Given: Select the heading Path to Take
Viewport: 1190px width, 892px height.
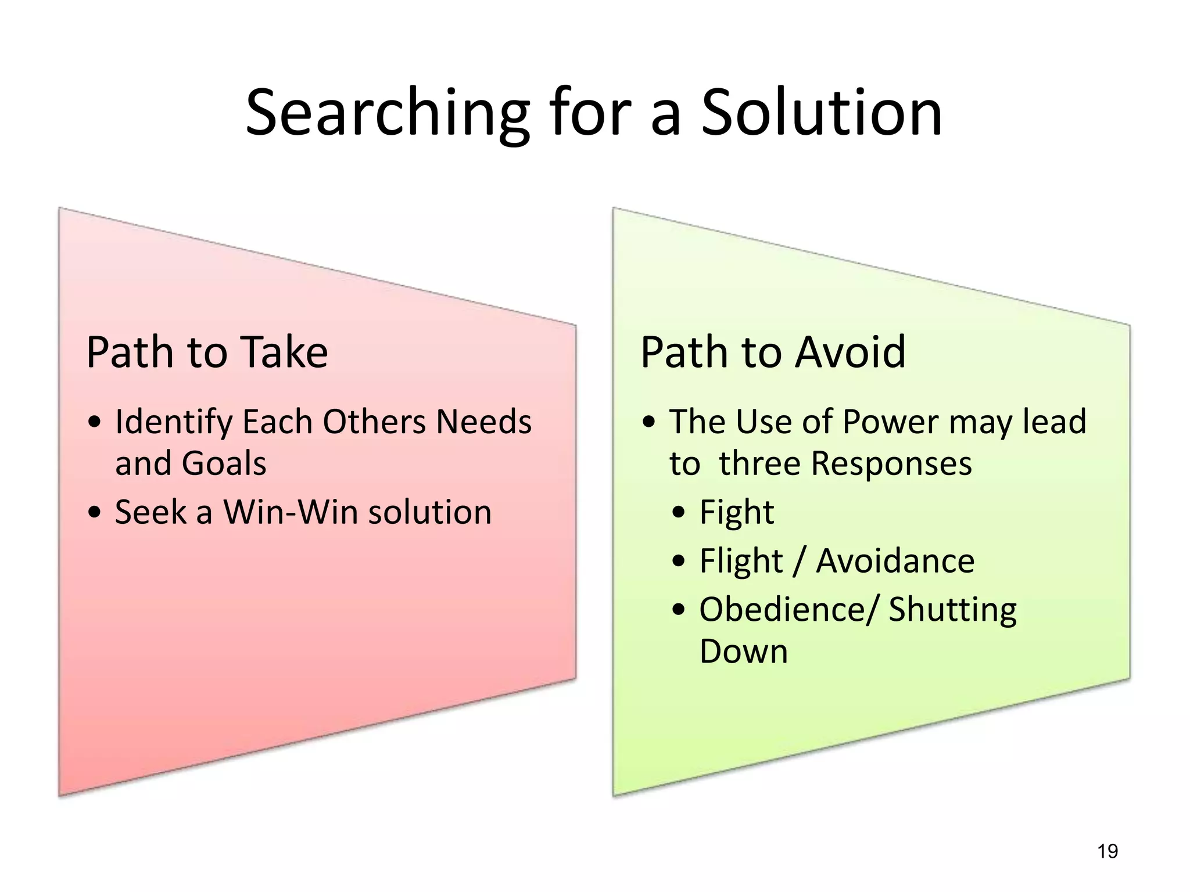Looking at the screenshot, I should pos(207,352).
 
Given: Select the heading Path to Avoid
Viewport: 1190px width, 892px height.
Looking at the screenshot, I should pos(773,352).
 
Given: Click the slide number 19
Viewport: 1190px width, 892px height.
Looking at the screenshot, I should pos(1107,851).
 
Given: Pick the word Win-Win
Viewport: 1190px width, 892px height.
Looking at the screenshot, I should pos(291,512).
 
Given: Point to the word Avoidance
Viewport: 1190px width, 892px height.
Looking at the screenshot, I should pos(895,561).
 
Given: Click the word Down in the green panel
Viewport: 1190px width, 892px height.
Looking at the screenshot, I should pos(743,652).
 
